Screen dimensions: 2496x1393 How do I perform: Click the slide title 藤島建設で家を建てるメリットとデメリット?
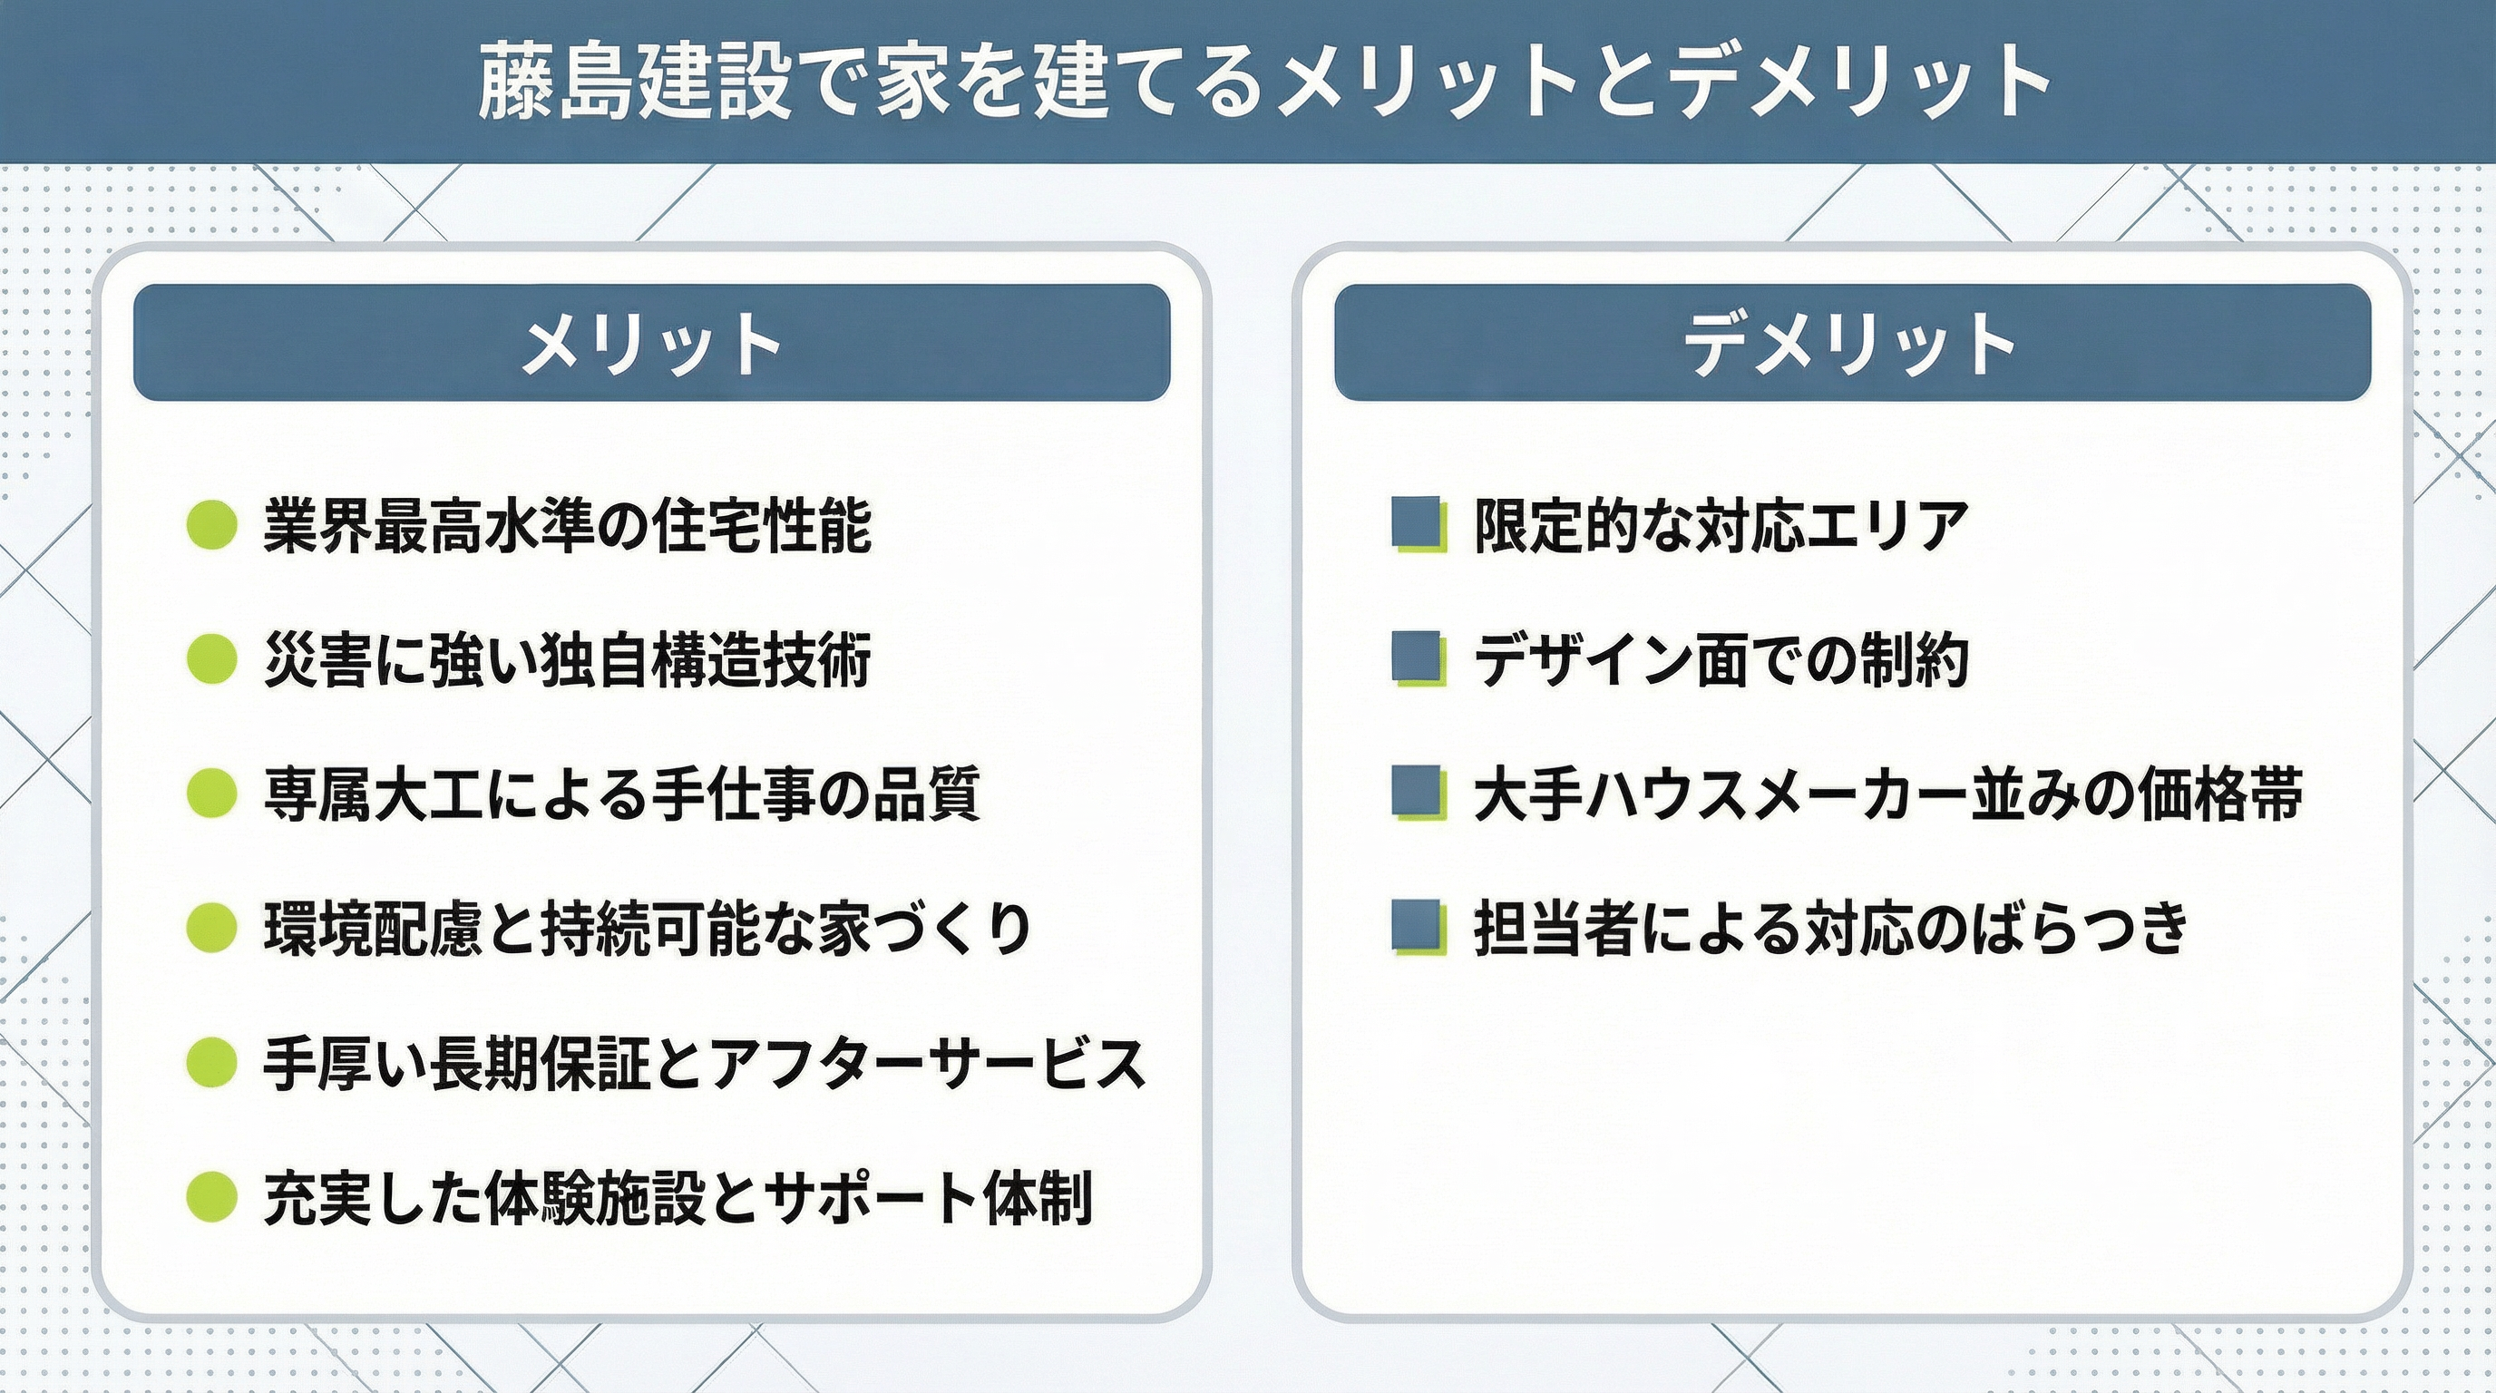tap(1263, 82)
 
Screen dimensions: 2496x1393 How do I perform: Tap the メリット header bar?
tap(652, 342)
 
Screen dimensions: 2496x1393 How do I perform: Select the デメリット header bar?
tap(1852, 342)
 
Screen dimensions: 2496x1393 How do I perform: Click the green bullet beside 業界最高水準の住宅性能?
tap(211, 525)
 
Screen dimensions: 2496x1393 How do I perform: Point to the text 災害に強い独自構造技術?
tap(567, 660)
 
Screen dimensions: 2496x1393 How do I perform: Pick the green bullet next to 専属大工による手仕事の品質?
tap(211, 794)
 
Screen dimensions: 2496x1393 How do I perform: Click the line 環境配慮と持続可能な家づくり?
tap(648, 928)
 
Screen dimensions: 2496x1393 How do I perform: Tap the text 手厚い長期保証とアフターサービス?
tap(706, 1063)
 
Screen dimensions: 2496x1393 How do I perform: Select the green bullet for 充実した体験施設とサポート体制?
tap(211, 1196)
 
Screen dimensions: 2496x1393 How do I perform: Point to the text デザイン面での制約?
tap(1721, 660)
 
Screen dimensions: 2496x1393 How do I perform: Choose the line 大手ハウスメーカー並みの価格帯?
tap(1888, 794)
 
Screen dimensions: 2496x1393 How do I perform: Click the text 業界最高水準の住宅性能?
tap(568, 526)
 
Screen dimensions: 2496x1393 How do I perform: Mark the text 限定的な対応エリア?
tap(1721, 526)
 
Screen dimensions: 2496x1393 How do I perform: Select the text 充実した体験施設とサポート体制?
tap(678, 1197)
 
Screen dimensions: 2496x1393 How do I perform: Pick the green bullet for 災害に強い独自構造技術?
tap(211, 659)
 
